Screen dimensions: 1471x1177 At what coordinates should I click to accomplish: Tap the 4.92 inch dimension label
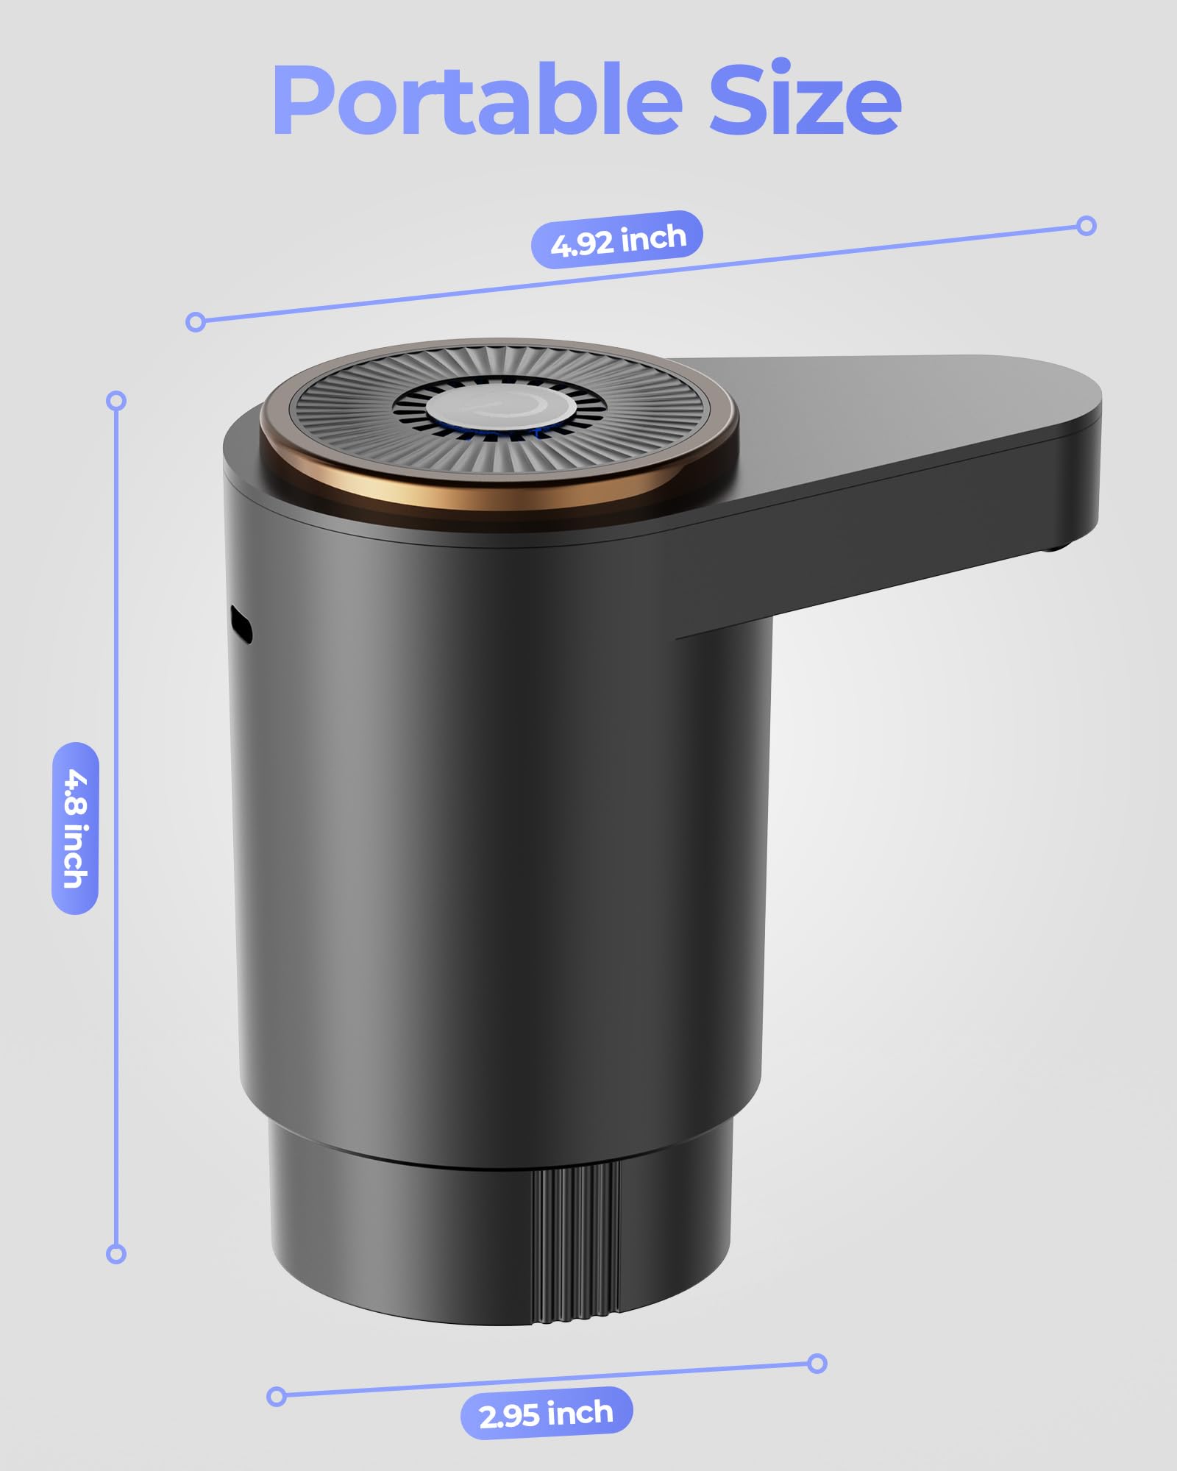617,240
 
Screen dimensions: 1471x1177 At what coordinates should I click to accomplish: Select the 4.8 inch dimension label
75,828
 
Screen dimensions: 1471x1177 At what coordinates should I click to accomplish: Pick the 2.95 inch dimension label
546,1413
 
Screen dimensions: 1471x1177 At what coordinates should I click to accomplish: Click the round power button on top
499,410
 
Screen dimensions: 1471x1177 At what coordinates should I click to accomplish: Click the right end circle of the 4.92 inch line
1086,225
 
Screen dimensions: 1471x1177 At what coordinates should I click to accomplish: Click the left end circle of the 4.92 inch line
196,321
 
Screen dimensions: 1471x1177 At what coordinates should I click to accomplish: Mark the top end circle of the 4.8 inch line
116,401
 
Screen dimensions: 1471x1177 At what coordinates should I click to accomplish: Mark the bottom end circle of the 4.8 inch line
116,1253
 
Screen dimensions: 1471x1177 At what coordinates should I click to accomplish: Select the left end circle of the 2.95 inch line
277,1395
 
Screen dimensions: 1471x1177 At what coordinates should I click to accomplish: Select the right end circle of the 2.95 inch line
817,1363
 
